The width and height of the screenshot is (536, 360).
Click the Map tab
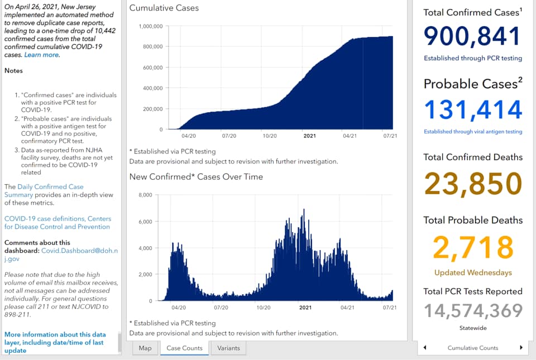pyautogui.click(x=145, y=348)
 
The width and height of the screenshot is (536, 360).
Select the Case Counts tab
pyautogui.click(x=185, y=348)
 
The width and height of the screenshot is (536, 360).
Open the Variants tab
pyautogui.click(x=228, y=348)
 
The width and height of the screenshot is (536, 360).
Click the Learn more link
pyautogui.click(x=41, y=55)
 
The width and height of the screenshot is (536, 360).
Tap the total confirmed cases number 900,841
pyautogui.click(x=472, y=36)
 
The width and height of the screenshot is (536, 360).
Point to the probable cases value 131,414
pyautogui.click(x=473, y=109)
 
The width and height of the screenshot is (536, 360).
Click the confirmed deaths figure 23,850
pyautogui.click(x=473, y=184)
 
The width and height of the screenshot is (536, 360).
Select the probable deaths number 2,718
pyautogui.click(x=473, y=247)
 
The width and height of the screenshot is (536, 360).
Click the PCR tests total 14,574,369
pyautogui.click(x=473, y=310)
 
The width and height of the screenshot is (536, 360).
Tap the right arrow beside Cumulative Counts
pyautogui.click(x=521, y=348)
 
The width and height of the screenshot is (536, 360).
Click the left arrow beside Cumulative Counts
pyautogui.click(x=425, y=348)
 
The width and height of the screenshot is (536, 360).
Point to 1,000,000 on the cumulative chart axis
pyautogui.click(x=151, y=26)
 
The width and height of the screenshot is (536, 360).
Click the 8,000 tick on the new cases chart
pyautogui.click(x=145, y=195)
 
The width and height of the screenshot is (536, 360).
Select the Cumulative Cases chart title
pyautogui.click(x=164, y=8)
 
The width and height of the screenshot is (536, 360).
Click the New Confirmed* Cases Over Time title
pyautogui.click(x=196, y=176)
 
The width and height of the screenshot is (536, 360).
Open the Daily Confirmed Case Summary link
pyautogui.click(x=44, y=190)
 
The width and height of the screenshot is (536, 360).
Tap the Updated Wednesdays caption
pyautogui.click(x=473, y=272)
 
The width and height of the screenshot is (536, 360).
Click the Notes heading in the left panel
pyautogui.click(x=13, y=71)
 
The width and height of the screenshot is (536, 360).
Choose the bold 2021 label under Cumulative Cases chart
pyautogui.click(x=310, y=136)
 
